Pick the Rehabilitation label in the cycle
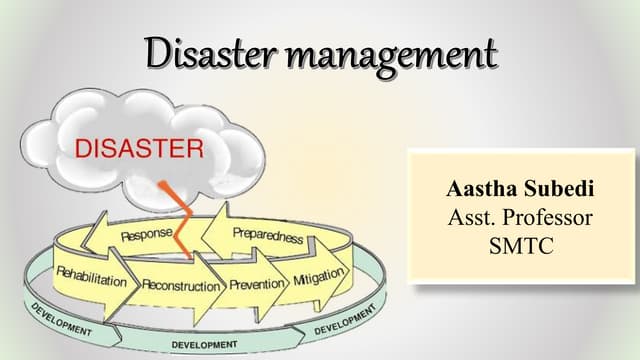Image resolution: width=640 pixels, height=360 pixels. coord(92,277)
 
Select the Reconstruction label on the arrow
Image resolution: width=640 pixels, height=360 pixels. coord(180,285)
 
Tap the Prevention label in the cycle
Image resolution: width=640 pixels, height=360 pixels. coord(257,284)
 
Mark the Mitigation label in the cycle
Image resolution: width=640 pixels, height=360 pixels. coord(318,275)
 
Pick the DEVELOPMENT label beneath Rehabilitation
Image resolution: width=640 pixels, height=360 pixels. coord(60,317)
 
